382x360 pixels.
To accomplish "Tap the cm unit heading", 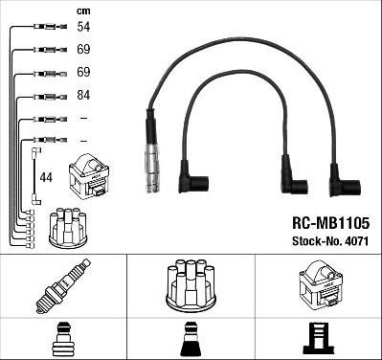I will pos(82,11).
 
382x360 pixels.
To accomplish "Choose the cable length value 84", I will pos(83,97).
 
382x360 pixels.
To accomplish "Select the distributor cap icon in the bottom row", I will pos(191,284).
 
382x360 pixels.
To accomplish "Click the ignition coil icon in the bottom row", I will pos(321,283).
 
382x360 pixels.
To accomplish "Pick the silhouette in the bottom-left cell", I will pos(62,338).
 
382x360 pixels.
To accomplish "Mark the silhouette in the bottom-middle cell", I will pos(191,338).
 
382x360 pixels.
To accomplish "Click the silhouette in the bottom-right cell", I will pos(320,338).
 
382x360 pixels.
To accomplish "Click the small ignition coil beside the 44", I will pos(89,176).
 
